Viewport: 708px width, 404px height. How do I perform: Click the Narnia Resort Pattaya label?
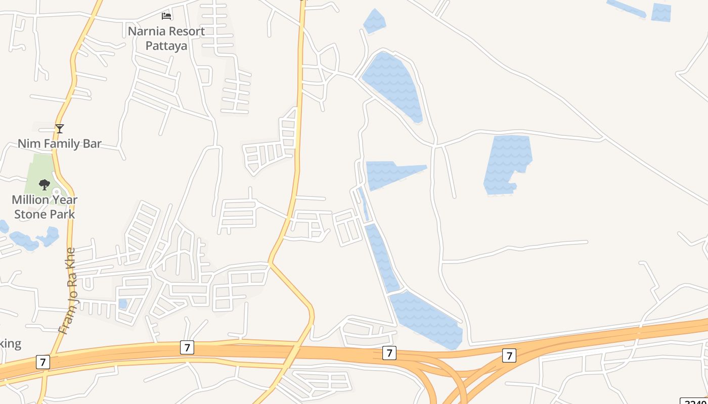pyautogui.click(x=166, y=38)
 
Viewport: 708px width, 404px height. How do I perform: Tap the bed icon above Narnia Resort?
pyautogui.click(x=166, y=16)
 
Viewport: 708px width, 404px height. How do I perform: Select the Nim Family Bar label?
pyautogui.click(x=60, y=143)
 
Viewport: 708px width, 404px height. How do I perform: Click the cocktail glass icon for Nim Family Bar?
pyautogui.click(x=60, y=129)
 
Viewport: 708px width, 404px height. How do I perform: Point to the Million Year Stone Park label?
pyautogui.click(x=45, y=207)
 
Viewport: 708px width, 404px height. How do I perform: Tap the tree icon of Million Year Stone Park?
pyautogui.click(x=45, y=185)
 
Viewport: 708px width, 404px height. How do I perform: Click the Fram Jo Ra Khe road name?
pyautogui.click(x=67, y=291)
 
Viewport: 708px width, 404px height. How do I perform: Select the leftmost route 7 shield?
pyautogui.click(x=43, y=362)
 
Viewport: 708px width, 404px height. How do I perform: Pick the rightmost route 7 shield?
pyautogui.click(x=509, y=356)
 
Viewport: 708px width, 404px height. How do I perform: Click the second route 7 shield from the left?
pyautogui.click(x=187, y=347)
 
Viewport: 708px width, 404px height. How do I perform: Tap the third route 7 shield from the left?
pyautogui.click(x=389, y=353)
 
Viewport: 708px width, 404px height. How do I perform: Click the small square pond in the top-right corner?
pyautogui.click(x=661, y=13)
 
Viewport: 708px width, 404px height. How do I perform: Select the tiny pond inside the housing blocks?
pyautogui.click(x=122, y=304)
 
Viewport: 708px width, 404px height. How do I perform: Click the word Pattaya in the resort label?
pyautogui.click(x=166, y=45)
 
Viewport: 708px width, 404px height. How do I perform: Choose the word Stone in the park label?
pyautogui.click(x=30, y=214)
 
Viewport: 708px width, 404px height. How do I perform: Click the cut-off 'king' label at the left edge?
pyautogui.click(x=10, y=344)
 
